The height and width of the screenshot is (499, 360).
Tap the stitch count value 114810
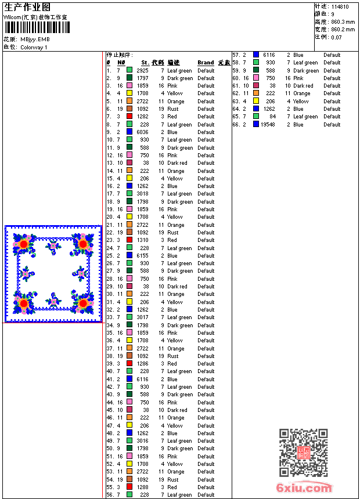pyautogui.click(x=340, y=7)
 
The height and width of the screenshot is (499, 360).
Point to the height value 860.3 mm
pyautogui.click(x=343, y=21)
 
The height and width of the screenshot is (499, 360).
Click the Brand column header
pyautogui.click(x=206, y=63)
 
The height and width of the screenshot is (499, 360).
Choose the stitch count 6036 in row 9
pyautogui.click(x=142, y=132)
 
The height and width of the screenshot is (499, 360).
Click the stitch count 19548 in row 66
pyautogui.click(x=268, y=124)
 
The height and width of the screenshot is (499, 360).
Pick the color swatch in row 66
pyautogui.click(x=256, y=124)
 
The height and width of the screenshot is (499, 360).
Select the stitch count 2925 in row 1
pyautogui.click(x=142, y=70)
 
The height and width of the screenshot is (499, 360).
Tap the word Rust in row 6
pyautogui.click(x=173, y=109)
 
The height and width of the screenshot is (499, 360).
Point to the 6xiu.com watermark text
pyautogui.click(x=304, y=489)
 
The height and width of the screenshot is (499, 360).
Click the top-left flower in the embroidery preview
pyautogui.click(x=23, y=244)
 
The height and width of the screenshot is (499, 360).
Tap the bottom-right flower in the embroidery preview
pyautogui.click(x=84, y=302)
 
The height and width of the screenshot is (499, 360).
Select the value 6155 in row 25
pyautogui.click(x=142, y=256)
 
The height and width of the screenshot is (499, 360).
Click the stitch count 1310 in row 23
pyautogui.click(x=142, y=240)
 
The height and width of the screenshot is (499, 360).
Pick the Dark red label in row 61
pyautogui.click(x=303, y=86)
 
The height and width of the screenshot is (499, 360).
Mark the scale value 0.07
pyautogui.click(x=337, y=37)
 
